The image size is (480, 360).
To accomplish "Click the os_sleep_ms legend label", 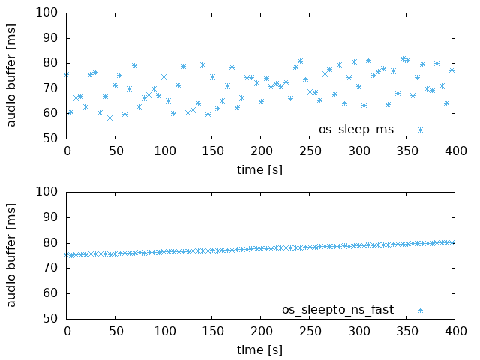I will click(x=355, y=130).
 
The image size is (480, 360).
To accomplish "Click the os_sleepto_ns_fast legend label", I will click(x=337, y=309).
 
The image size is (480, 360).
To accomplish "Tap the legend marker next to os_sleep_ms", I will click(x=420, y=130).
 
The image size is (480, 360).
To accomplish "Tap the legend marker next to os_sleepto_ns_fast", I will click(x=420, y=309).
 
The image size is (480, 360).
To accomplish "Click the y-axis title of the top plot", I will click(x=12, y=75).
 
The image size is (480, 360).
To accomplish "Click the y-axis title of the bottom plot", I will click(x=12, y=255).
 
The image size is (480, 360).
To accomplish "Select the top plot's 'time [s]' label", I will click(x=259, y=169).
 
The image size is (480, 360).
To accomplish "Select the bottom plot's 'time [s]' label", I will click(x=259, y=349).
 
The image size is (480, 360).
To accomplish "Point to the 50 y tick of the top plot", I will click(x=50, y=138).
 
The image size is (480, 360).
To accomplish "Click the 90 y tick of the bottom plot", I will click(x=50, y=217).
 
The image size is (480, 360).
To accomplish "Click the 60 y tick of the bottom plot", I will click(x=50, y=292).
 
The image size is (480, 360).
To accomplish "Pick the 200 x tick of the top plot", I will click(x=260, y=151).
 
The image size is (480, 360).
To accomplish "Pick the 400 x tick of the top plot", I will click(x=454, y=151).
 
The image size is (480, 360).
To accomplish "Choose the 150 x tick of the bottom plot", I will click(x=211, y=331).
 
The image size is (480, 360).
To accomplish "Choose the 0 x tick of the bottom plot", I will click(x=67, y=331).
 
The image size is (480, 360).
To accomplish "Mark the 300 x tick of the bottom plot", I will click(x=357, y=331).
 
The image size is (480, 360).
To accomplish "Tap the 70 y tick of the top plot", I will click(x=50, y=88).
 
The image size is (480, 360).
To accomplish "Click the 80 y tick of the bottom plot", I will click(x=50, y=242).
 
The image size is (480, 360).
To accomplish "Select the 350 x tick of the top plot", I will click(x=406, y=151).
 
